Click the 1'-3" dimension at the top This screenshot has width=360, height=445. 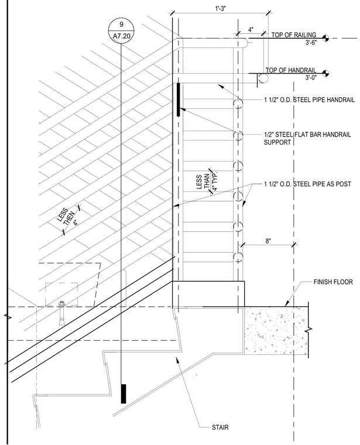(221, 8)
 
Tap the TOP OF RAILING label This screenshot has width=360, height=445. (294, 35)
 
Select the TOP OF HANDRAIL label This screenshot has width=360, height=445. (291, 70)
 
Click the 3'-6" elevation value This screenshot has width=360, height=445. (311, 42)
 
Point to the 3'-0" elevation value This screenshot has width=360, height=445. (311, 77)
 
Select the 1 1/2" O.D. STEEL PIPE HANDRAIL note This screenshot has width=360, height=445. (309, 100)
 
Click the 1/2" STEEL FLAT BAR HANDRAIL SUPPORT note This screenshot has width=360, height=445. (307, 138)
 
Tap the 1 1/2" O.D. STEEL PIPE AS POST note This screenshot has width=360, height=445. (307, 184)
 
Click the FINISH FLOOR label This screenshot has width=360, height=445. (333, 282)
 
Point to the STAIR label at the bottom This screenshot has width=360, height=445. (220, 427)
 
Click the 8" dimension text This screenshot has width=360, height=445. (268, 241)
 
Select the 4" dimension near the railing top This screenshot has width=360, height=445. (251, 29)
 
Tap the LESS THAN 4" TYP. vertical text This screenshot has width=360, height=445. (207, 182)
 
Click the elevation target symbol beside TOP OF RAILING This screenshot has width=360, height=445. (325, 38)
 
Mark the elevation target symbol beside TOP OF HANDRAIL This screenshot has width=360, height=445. (325, 73)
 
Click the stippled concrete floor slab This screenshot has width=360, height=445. (276, 331)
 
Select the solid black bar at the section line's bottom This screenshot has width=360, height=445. (124, 393)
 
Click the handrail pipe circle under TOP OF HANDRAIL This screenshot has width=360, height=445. (263, 78)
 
